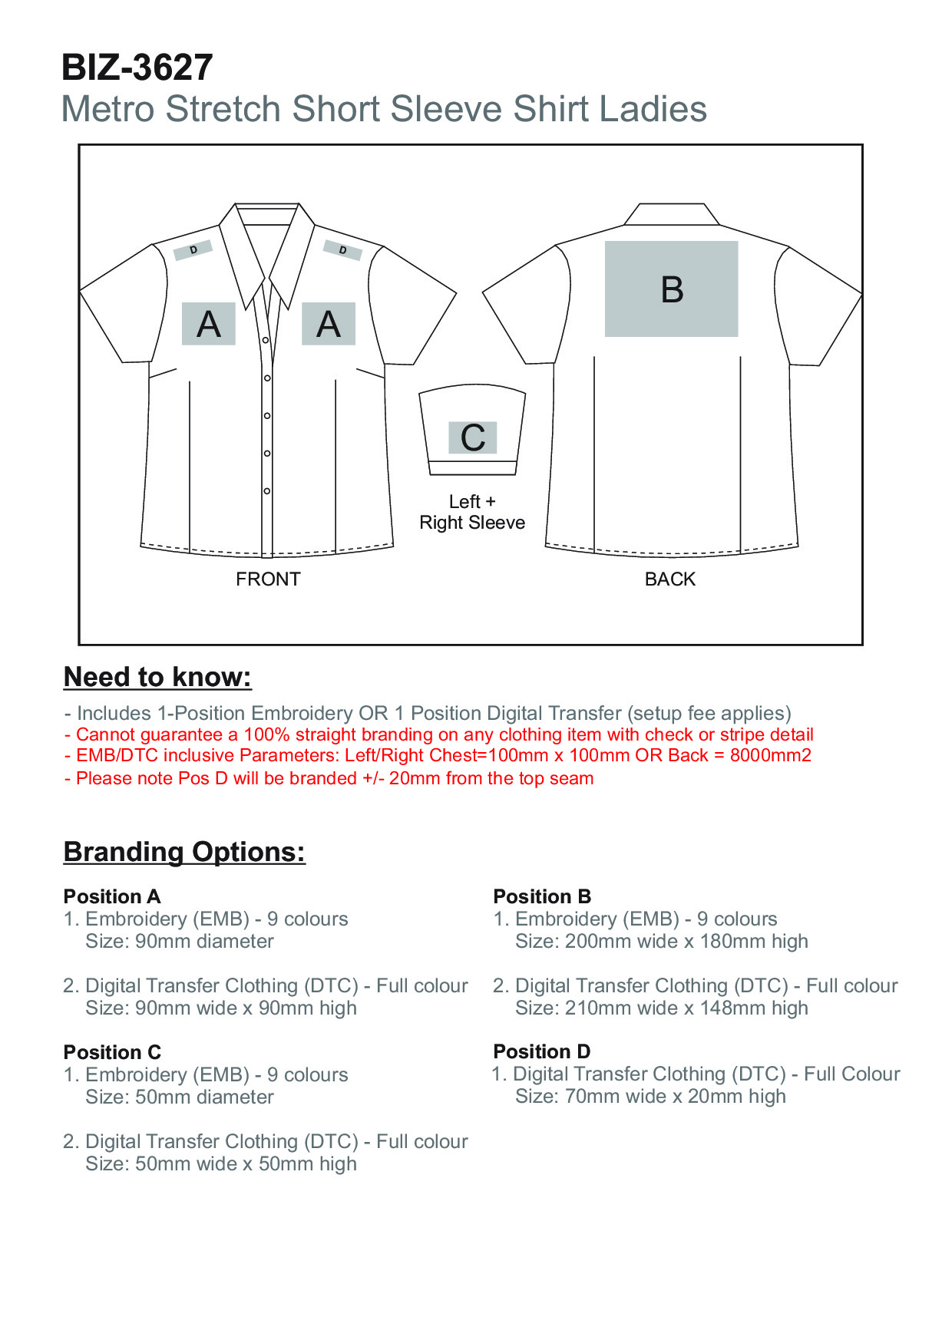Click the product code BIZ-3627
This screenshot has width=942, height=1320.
point(137,68)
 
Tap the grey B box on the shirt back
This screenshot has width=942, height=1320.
point(671,289)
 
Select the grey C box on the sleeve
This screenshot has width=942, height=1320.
point(472,437)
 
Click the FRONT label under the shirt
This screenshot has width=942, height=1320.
point(268,579)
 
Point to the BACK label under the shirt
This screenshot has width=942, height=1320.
point(669,579)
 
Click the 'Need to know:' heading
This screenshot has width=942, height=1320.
point(157,677)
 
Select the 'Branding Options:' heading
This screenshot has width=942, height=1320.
point(184,852)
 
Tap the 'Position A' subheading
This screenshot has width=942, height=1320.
point(112,896)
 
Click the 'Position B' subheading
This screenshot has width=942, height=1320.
point(542,896)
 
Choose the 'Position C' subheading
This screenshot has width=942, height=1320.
point(112,1052)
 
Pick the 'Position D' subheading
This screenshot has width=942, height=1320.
point(542,1051)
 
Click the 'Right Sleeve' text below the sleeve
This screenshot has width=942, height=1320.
point(472,523)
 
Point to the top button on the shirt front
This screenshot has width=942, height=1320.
point(266,340)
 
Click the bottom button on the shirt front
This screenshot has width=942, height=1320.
point(267,490)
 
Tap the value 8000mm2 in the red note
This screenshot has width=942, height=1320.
point(770,755)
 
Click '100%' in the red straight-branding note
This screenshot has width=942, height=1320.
point(266,734)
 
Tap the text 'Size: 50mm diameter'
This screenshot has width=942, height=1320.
point(180,1097)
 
